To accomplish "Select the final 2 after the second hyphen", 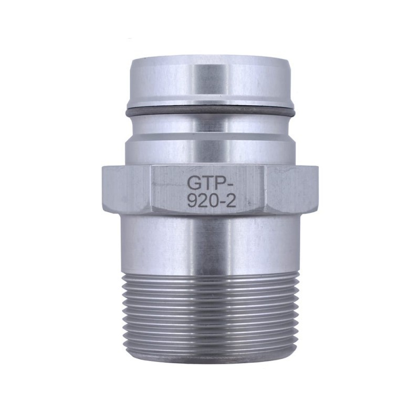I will (231, 202).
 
